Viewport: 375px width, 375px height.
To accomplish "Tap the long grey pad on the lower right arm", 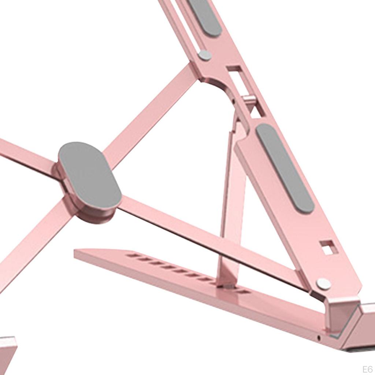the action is pos(285,168).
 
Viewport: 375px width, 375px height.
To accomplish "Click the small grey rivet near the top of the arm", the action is pos(205,55).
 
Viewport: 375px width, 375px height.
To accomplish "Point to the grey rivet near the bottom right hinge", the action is pos(324,284).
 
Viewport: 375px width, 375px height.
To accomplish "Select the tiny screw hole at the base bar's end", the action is pos(318,338).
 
